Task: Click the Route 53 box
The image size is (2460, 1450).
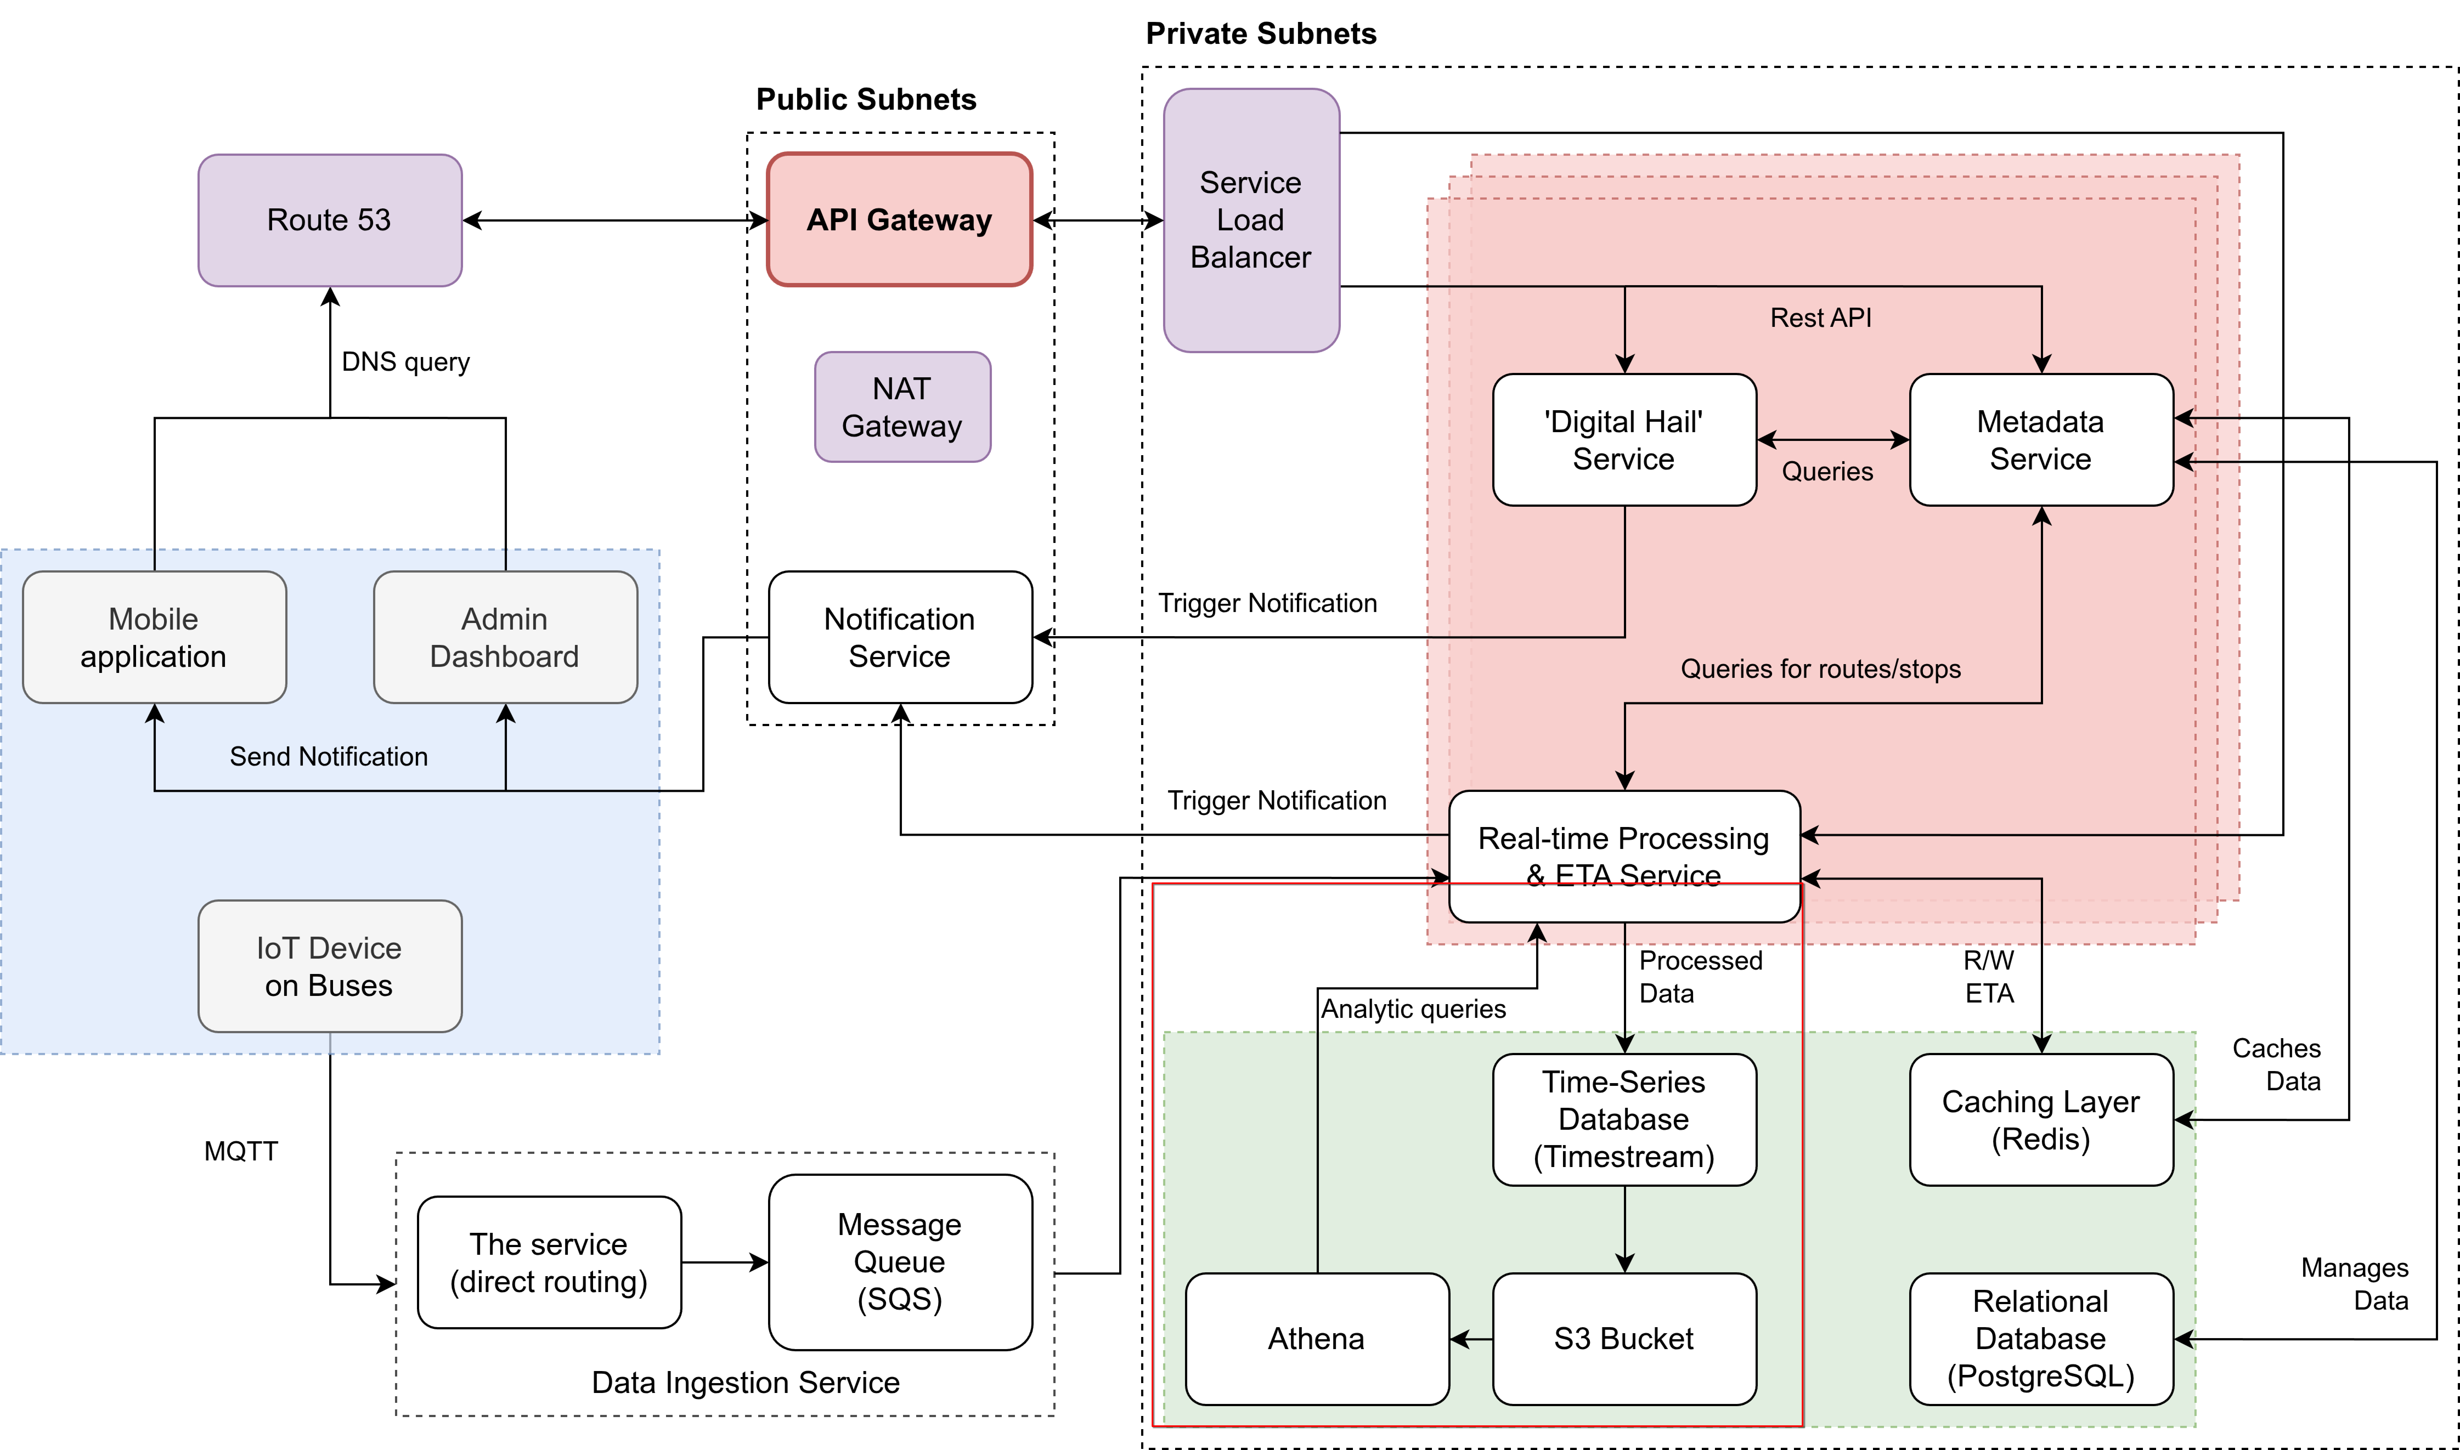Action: [x=329, y=220]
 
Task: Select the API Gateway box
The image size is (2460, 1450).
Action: [x=899, y=220]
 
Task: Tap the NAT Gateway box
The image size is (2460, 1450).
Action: [x=902, y=406]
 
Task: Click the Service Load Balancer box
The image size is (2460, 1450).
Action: [x=1251, y=220]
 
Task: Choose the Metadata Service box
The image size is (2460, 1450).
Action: [x=2041, y=440]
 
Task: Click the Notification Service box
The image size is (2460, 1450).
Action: [x=899, y=637]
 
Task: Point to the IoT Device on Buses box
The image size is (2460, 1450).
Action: [x=329, y=966]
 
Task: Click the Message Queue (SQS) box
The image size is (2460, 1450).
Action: [x=899, y=1261]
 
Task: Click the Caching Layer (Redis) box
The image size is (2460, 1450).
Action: [x=2041, y=1120]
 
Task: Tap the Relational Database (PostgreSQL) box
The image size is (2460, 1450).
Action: [x=2041, y=1339]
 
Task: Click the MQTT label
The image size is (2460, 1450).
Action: [x=240, y=1151]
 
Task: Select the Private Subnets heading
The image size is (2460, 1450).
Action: [x=1261, y=34]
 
